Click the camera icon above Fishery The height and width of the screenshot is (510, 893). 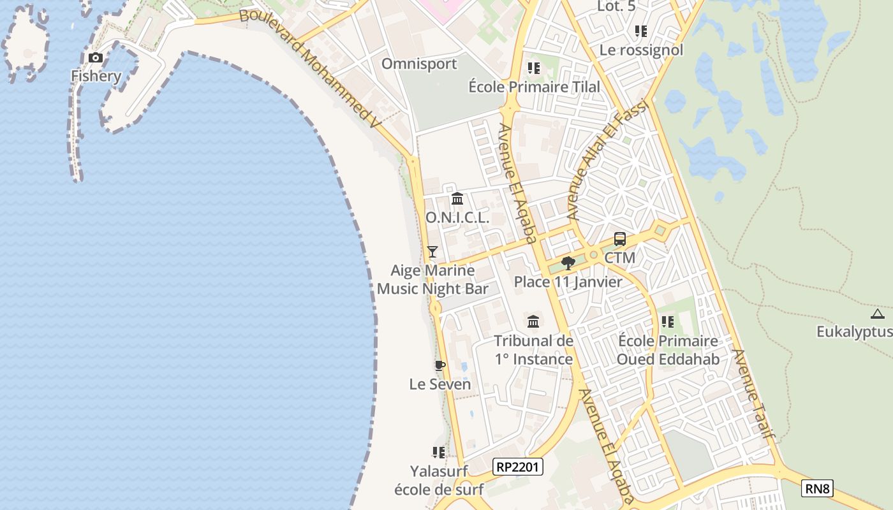(96, 58)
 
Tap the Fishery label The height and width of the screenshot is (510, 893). (96, 76)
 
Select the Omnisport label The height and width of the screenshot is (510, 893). (419, 64)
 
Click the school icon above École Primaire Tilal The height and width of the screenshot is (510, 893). (534, 68)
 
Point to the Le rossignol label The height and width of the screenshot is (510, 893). (642, 50)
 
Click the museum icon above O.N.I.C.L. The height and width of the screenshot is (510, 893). (457, 199)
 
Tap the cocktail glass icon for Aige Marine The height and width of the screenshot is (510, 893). (432, 252)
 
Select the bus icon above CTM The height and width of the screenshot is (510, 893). (620, 240)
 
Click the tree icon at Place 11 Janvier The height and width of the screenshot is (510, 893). (568, 263)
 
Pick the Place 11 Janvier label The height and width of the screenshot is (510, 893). (568, 282)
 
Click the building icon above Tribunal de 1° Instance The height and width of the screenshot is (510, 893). (533, 322)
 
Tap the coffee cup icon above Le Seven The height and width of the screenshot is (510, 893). (439, 366)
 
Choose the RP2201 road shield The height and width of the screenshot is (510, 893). (518, 467)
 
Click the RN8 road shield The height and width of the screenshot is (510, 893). (817, 489)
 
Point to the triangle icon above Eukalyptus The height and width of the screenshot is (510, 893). (878, 314)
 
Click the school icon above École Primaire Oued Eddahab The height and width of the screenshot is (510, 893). (668, 322)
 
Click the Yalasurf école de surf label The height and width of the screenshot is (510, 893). (439, 481)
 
